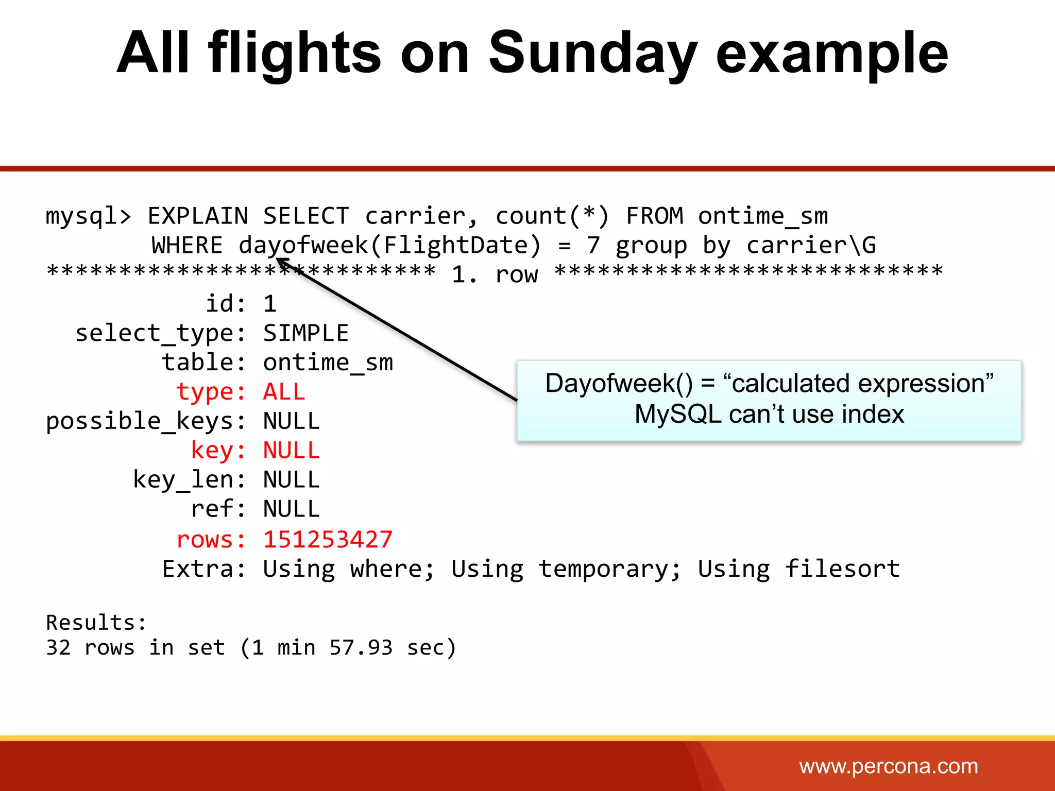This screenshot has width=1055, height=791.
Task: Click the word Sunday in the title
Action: pos(592,53)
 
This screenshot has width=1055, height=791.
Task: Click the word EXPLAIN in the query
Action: pos(198,216)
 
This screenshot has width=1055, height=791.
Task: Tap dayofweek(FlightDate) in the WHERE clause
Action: pos(390,245)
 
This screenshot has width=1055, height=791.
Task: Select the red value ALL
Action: pos(284,392)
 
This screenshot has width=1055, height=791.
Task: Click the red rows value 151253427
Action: pos(328,540)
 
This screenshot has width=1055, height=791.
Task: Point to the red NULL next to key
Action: pos(291,451)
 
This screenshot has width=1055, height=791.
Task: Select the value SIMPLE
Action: pos(305,333)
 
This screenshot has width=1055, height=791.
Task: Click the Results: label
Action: pos(96,623)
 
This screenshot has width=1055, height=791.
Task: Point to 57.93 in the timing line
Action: pos(361,647)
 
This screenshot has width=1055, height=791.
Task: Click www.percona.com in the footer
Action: pos(888,766)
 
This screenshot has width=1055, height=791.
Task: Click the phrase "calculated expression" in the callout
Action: pos(858,384)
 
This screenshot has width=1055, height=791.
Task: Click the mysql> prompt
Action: pos(88,216)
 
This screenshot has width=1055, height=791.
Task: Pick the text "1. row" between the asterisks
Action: pos(495,274)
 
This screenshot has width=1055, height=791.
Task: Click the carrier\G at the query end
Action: pos(811,245)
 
